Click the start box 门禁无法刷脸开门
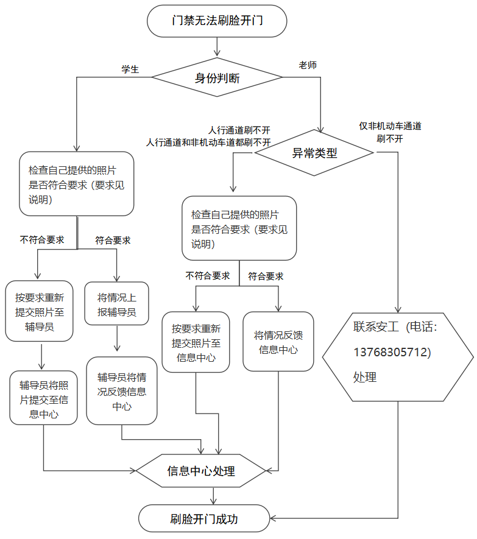(x=217, y=21)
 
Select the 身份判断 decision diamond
(x=217, y=77)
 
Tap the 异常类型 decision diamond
(x=314, y=153)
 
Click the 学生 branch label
(x=130, y=69)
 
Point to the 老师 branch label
(x=308, y=65)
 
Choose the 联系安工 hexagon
(x=398, y=357)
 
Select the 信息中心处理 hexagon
(x=201, y=471)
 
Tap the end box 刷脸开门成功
(x=204, y=518)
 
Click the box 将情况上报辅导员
(x=116, y=303)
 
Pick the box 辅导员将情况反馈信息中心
(x=122, y=391)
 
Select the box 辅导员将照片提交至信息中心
(x=44, y=398)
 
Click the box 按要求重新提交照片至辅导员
(x=39, y=311)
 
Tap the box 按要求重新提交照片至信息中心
(x=196, y=342)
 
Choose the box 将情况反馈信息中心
(x=278, y=341)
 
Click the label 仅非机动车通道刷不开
(x=390, y=132)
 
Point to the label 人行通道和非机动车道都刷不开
(x=208, y=143)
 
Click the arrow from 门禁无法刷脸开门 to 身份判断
(x=217, y=47)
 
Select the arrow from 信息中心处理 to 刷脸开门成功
(x=214, y=496)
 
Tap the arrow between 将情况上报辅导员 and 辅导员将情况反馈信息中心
(x=117, y=338)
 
